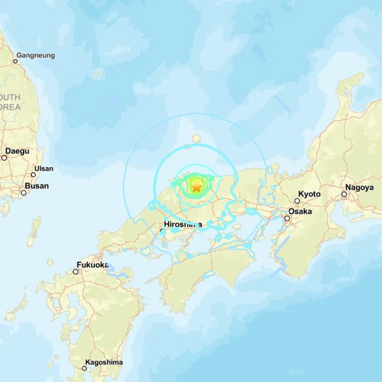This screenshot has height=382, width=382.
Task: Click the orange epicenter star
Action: tap(197, 186)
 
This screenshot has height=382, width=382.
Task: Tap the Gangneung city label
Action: tap(36, 56)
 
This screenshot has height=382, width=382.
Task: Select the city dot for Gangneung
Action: tap(15, 61)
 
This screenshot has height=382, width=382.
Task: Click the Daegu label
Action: tap(17, 151)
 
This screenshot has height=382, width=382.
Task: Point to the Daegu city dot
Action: tap(4, 158)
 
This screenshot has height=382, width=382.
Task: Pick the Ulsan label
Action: tap(43, 168)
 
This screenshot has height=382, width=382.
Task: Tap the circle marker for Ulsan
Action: tap(33, 174)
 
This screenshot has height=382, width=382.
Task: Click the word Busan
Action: tap(37, 186)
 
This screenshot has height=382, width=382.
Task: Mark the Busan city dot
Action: tap(23, 192)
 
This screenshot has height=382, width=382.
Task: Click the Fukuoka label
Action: tap(92, 265)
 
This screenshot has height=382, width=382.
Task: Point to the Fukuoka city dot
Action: tap(75, 271)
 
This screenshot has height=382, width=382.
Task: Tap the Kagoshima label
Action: tap(104, 362)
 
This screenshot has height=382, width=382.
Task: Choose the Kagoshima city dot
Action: tap(84, 368)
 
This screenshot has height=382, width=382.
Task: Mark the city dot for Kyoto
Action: tap(297, 201)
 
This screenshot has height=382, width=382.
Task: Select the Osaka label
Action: tap(300, 211)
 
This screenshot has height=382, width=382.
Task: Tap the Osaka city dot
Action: tap(287, 219)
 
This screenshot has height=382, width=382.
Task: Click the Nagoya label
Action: tap(359, 187)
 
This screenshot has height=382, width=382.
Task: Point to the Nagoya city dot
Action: tap(344, 195)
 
